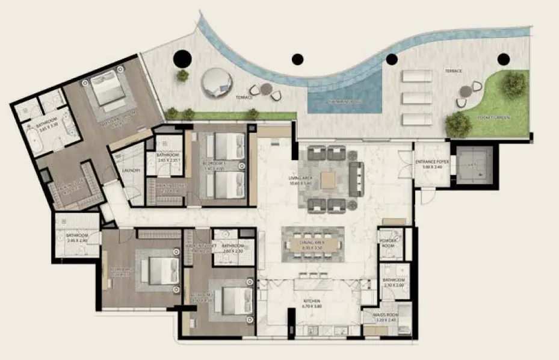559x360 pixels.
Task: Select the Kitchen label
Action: (311, 303)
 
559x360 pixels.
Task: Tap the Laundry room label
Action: (131, 171)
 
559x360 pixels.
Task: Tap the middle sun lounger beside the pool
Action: (417, 97)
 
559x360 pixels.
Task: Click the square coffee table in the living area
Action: (329, 179)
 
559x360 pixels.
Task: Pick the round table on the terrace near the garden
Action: (465, 91)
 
